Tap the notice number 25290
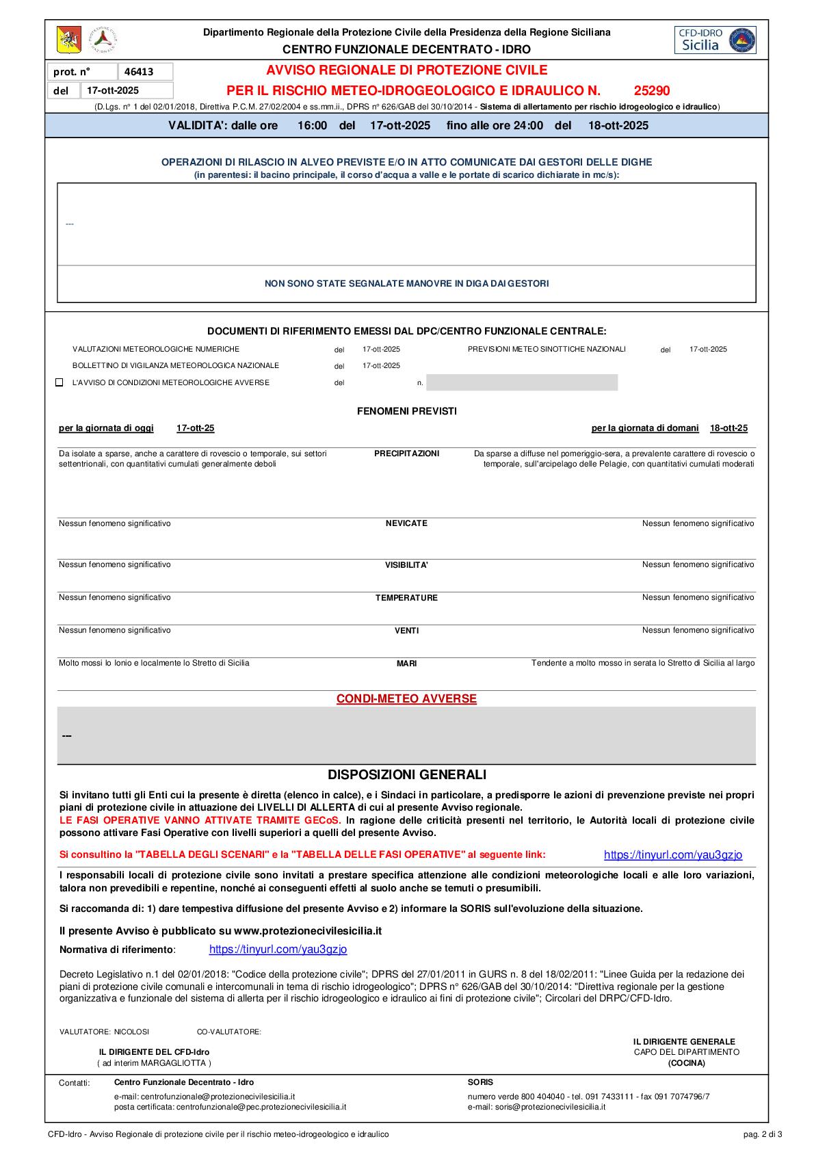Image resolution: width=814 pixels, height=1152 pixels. pyautogui.click(x=651, y=91)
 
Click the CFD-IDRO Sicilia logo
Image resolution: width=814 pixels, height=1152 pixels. pyautogui.click(x=715, y=40)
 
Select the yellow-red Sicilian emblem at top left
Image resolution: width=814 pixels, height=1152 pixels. pyautogui.click(x=68, y=40)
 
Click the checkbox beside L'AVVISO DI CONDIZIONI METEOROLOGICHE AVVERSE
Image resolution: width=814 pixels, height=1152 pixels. pyautogui.click(x=60, y=382)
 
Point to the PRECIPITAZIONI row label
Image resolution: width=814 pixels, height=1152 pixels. pyautogui.click(x=406, y=454)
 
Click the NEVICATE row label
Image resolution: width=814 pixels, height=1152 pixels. pyautogui.click(x=406, y=523)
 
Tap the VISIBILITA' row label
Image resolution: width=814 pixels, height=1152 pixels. pyautogui.click(x=406, y=565)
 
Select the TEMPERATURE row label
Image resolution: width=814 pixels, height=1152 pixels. pyautogui.click(x=406, y=598)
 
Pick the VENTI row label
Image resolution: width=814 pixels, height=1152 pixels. pyautogui.click(x=406, y=631)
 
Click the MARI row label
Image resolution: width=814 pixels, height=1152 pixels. pyautogui.click(x=406, y=664)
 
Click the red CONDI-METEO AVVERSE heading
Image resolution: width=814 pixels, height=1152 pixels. pyautogui.click(x=406, y=698)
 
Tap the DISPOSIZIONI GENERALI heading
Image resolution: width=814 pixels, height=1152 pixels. pyautogui.click(x=406, y=774)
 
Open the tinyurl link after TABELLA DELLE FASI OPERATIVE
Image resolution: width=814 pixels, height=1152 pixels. pyautogui.click(x=672, y=854)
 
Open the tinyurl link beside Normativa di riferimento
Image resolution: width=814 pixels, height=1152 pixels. pyautogui.click(x=278, y=949)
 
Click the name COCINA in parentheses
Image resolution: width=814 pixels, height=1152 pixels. pyautogui.click(x=686, y=1062)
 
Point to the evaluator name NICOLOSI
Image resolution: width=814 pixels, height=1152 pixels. pyautogui.click(x=131, y=1032)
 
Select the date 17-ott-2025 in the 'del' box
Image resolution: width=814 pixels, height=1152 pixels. pyautogui.click(x=112, y=90)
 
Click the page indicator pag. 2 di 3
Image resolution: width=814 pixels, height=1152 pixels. pyautogui.click(x=762, y=1134)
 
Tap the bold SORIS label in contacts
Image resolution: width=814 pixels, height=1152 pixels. pyautogui.click(x=480, y=1082)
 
